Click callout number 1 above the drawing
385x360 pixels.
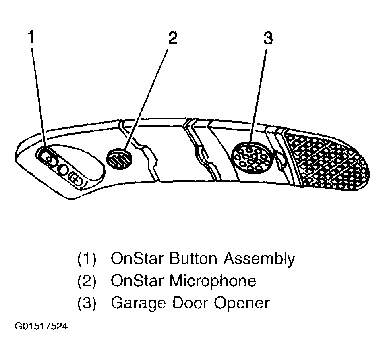(31, 38)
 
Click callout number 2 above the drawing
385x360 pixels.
(172, 38)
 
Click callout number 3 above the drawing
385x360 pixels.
(267, 38)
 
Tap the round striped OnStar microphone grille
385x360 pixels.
(119, 158)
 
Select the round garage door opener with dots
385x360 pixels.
(253, 157)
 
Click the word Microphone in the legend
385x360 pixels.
(213, 281)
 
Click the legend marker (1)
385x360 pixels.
(87, 259)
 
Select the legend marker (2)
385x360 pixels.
(87, 281)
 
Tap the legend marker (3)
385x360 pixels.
(87, 303)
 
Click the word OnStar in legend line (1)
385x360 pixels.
(137, 258)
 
